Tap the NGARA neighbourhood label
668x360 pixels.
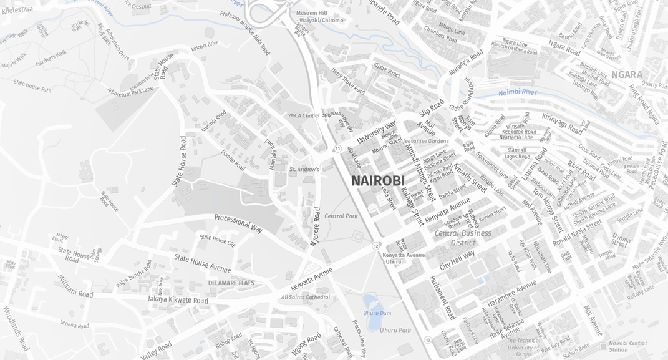(x=626, y=75)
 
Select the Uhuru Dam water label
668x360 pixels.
(x=377, y=313)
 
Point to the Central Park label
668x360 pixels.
(x=341, y=216)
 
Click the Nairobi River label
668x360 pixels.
(x=518, y=93)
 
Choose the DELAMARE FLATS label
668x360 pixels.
(x=231, y=283)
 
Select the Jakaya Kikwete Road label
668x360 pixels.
(x=178, y=300)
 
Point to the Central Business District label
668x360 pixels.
(x=463, y=238)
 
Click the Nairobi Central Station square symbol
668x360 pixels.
(x=603, y=345)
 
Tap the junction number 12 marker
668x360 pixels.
(x=375, y=246)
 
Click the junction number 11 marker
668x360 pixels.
(x=337, y=148)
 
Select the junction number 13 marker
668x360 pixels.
(x=427, y=340)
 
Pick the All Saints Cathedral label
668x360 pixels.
(x=305, y=297)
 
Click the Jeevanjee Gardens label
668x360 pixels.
(x=426, y=141)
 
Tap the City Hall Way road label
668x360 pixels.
(x=457, y=259)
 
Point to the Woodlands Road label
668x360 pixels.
(x=16, y=328)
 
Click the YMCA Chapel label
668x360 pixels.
(x=303, y=115)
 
